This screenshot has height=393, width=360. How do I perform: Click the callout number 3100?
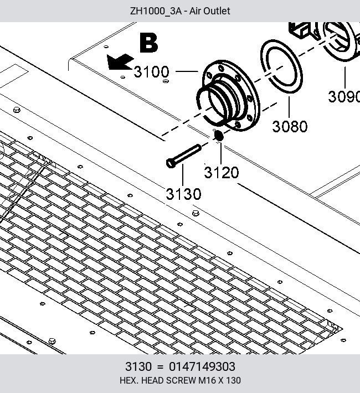[152, 72]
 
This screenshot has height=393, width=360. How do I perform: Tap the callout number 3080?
[290, 126]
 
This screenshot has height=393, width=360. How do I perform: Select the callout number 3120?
[222, 173]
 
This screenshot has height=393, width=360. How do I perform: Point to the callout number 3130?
[183, 194]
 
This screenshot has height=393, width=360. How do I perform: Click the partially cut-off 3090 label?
[344, 96]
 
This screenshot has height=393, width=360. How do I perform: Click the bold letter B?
[149, 43]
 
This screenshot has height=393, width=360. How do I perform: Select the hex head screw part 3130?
[184, 156]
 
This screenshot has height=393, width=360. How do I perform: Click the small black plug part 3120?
[219, 136]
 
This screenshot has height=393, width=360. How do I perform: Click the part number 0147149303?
[202, 366]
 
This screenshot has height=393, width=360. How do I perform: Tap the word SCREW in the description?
[181, 380]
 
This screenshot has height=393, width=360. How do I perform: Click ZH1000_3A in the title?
[156, 11]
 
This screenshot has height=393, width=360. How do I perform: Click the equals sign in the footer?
[160, 367]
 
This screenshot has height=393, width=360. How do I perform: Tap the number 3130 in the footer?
[138, 366]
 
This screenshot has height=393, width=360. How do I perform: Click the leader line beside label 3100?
[187, 71]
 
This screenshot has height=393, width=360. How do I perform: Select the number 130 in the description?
[233, 380]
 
